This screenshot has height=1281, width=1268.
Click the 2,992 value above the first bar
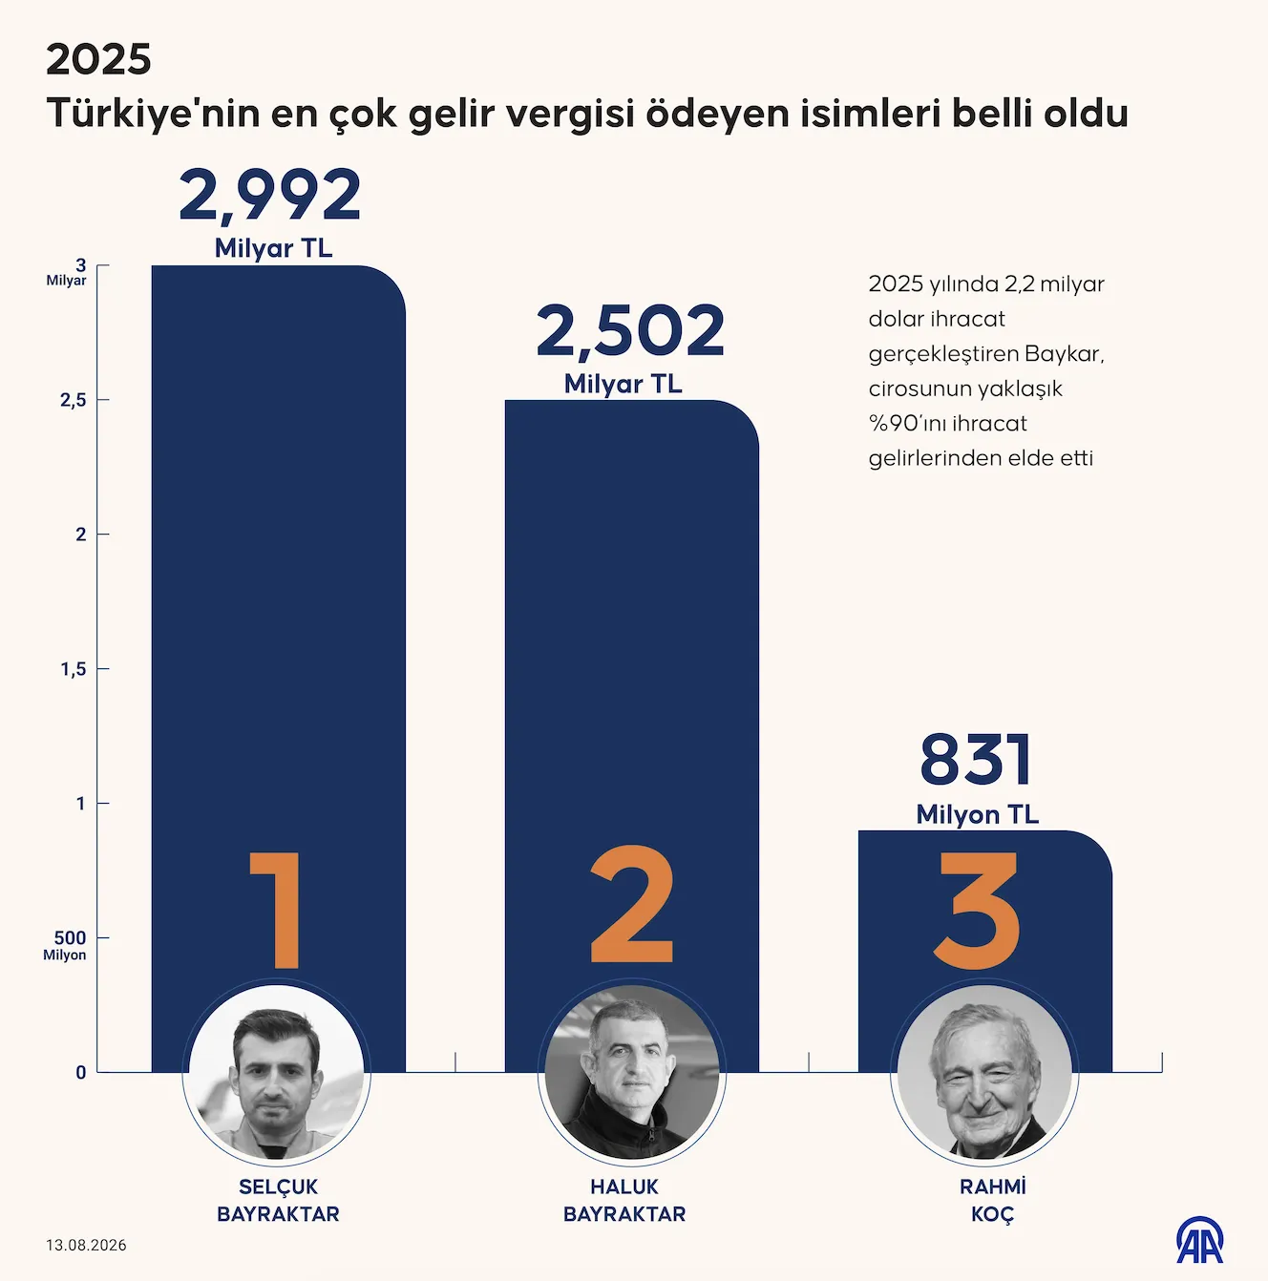(x=270, y=196)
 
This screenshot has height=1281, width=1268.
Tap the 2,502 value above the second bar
(x=630, y=332)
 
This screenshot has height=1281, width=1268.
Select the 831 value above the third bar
(x=976, y=760)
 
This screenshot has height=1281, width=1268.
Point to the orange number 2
(x=632, y=904)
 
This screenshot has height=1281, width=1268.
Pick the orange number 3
(x=977, y=910)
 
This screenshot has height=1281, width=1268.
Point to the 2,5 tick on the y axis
(x=74, y=400)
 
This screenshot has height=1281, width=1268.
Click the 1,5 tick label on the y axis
(x=74, y=669)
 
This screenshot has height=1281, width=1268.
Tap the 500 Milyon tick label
(x=65, y=945)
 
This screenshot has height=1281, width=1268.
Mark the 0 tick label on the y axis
(x=80, y=1072)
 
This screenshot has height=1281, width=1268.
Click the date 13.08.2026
(x=86, y=1245)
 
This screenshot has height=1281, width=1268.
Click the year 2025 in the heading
(x=98, y=60)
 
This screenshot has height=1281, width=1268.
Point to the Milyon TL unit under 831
(x=978, y=814)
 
